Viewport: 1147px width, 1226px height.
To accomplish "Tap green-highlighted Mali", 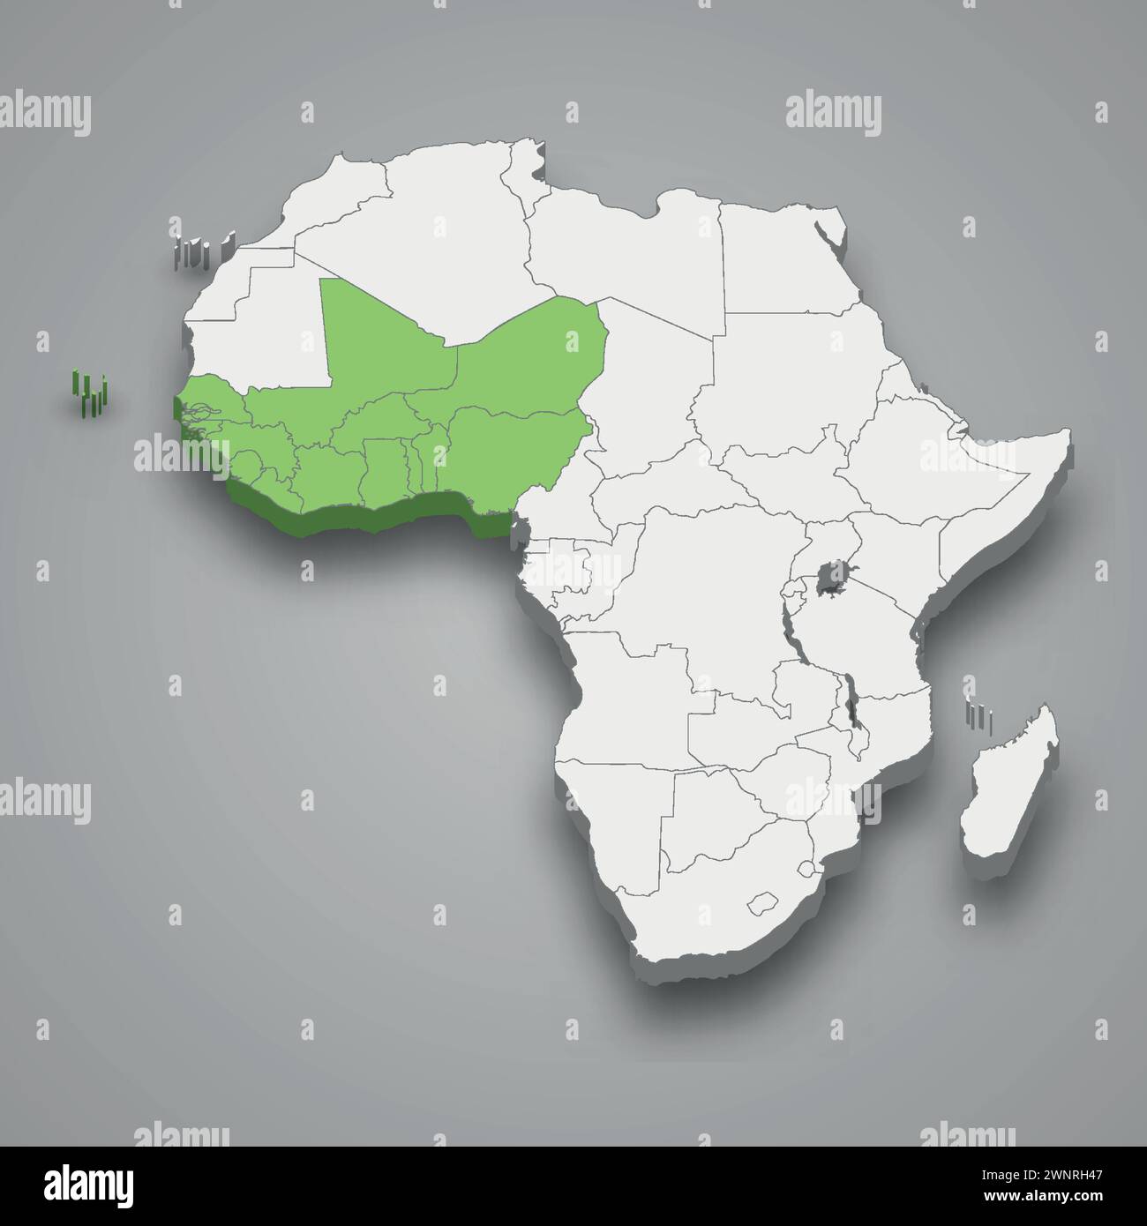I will pos(379,344).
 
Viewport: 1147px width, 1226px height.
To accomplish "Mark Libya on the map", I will pos(626,247).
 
